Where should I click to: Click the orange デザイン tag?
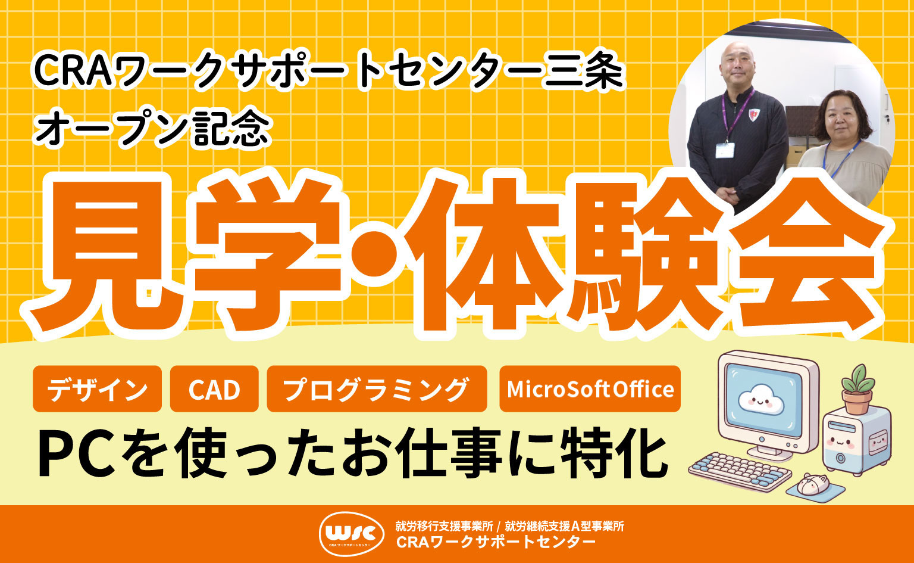point(97,389)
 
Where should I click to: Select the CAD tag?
point(214,389)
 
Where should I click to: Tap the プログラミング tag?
point(376,389)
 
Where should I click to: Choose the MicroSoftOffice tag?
point(589,389)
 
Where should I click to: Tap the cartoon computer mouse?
point(813,484)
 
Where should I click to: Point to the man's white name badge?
point(725,150)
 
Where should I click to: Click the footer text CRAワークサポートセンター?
point(495,542)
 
